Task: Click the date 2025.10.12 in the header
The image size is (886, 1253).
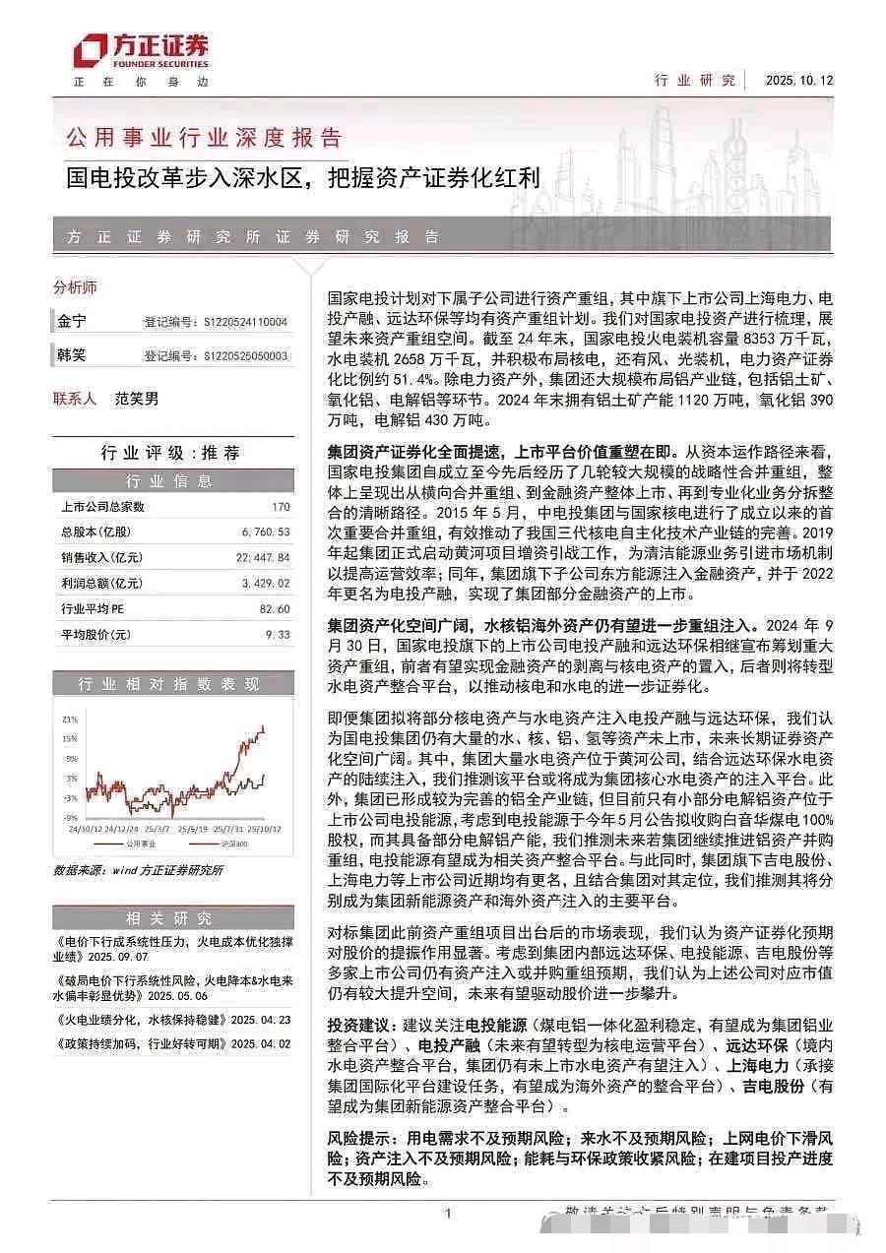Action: coord(798,80)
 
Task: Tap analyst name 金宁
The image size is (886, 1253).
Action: coord(72,321)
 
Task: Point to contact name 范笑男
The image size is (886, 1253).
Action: coord(136,399)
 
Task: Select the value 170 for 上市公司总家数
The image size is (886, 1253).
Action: coord(281,507)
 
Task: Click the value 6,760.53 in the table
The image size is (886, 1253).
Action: coord(266,533)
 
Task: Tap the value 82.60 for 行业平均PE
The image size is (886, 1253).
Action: coord(277,609)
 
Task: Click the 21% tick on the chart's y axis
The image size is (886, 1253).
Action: coord(70,719)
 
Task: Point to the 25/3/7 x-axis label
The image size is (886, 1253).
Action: coord(157,828)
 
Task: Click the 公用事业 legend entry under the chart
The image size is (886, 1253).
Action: coord(137,845)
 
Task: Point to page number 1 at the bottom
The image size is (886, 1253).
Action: coord(447,1214)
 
